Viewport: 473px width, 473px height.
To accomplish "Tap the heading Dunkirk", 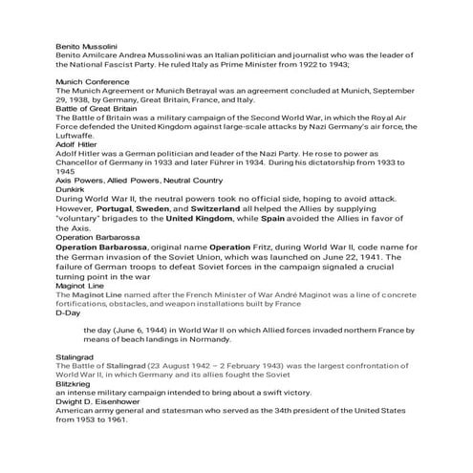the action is (x=71, y=188).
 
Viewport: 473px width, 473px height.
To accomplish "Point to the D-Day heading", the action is (x=68, y=312).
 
